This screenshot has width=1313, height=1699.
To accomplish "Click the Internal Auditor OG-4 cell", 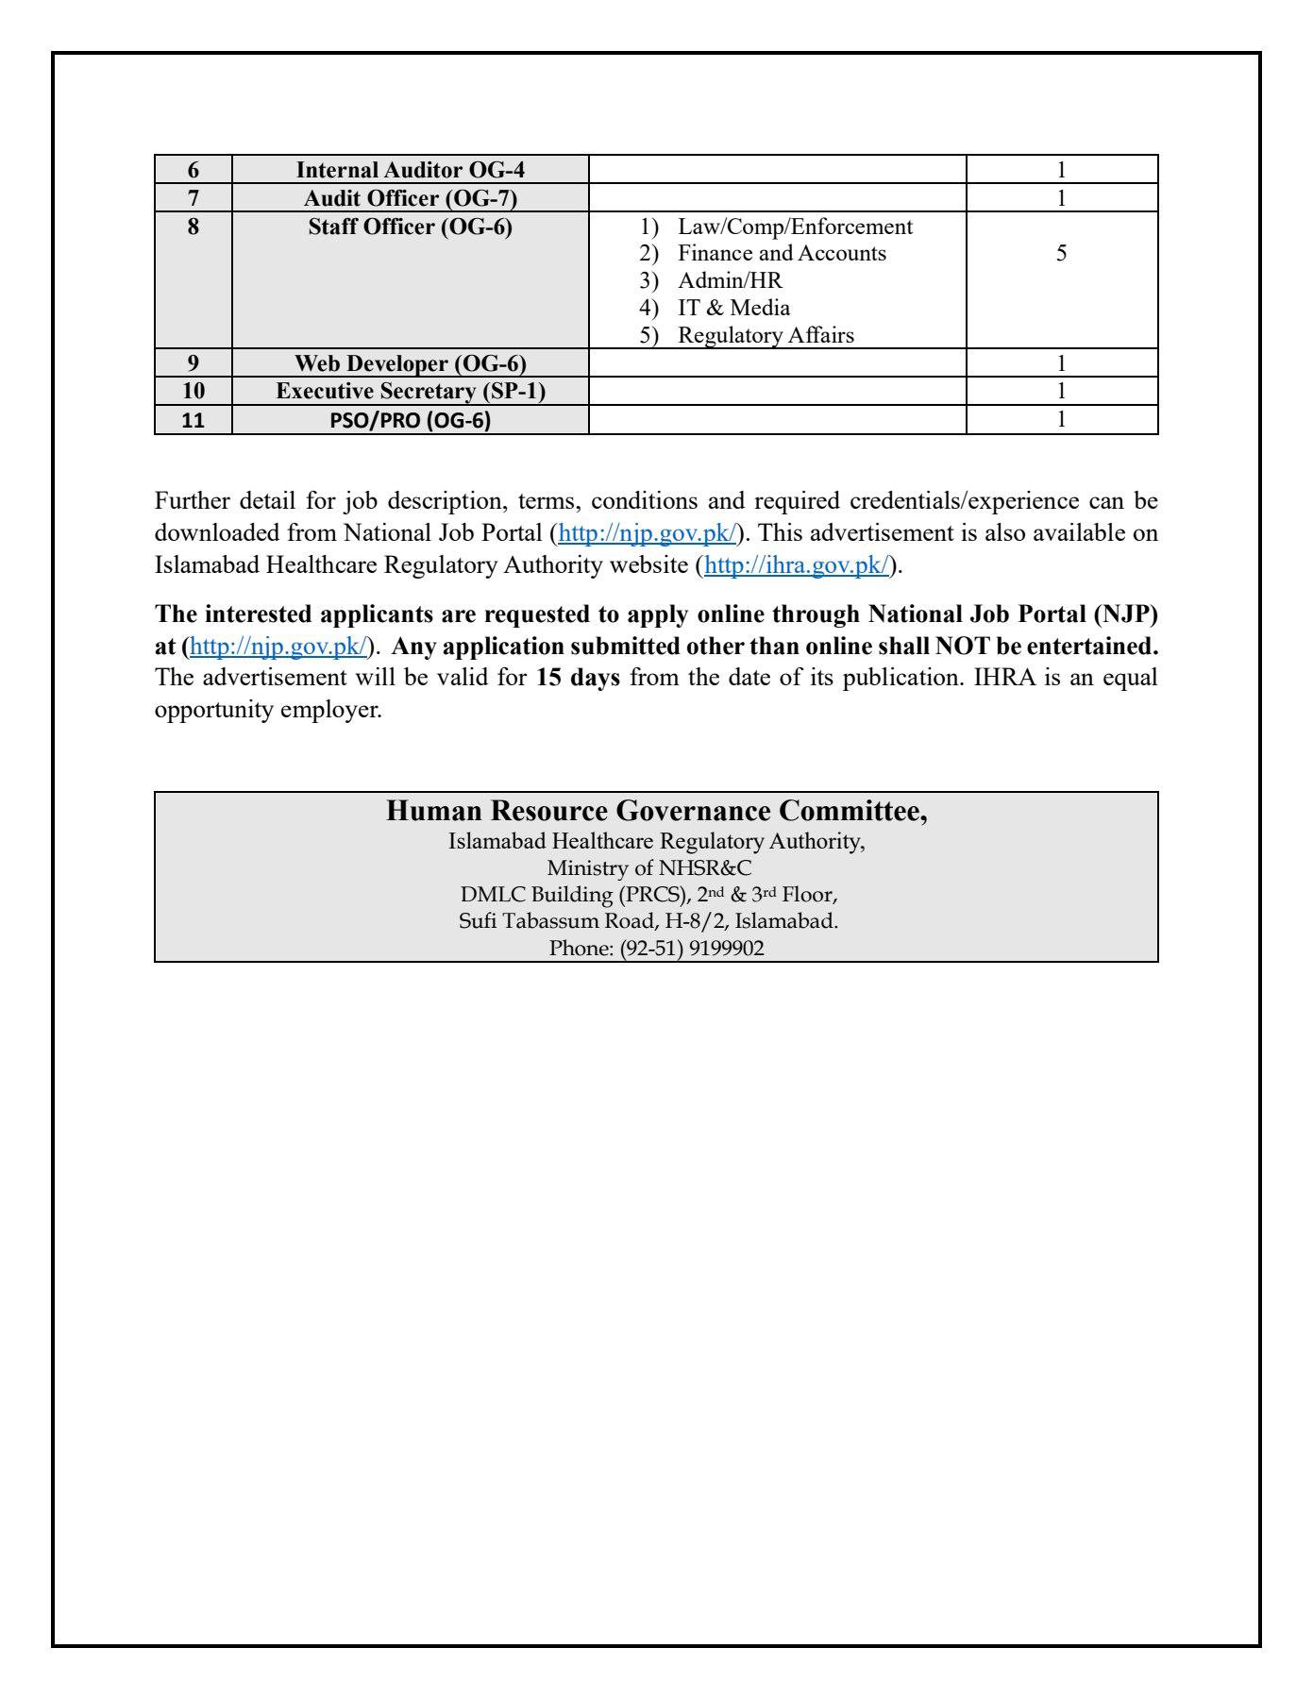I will coord(410,170).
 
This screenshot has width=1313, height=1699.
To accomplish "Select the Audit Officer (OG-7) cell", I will coord(410,198).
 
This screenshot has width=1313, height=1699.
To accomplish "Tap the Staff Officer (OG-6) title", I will coord(410,227).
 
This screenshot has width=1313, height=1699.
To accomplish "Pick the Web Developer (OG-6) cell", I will coord(410,363).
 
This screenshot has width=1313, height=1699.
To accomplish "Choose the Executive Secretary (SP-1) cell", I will coord(410,391).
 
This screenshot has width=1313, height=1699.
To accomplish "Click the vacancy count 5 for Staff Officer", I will coord(1061,253).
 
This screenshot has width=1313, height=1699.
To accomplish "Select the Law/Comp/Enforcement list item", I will coord(795,227).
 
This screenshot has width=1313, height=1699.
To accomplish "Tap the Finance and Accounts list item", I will coord(782,253).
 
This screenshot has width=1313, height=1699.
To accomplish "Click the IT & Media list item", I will coord(733,308).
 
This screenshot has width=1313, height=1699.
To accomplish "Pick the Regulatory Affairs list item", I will coord(766,335).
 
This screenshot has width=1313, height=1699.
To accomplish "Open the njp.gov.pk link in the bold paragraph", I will coord(278,647).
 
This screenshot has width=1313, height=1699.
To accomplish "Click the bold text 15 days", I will coord(578,678).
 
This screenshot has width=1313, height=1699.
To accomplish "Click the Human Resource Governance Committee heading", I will coord(656,811).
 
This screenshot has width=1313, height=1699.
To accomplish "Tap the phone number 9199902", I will coord(727,948).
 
